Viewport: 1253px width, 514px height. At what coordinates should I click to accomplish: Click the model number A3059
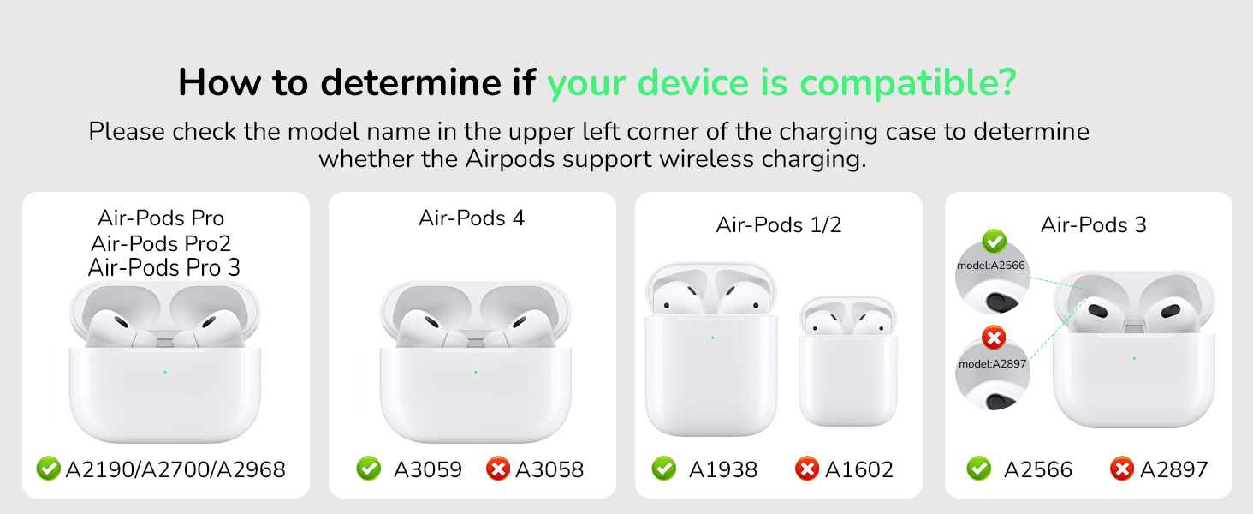click(x=427, y=469)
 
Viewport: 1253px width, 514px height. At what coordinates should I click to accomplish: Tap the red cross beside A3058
click(x=497, y=469)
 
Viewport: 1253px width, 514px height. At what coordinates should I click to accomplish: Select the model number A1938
click(x=722, y=469)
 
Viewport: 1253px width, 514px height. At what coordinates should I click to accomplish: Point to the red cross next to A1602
click(x=806, y=469)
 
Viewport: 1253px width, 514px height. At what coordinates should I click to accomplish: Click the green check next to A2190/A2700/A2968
click(x=48, y=469)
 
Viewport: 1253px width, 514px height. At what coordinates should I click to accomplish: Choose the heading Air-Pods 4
click(x=472, y=218)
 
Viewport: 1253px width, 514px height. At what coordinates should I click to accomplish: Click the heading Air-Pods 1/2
click(x=779, y=224)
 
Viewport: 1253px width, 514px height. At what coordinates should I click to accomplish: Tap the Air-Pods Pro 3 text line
click(x=164, y=267)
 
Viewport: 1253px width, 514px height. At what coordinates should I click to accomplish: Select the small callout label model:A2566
click(x=991, y=265)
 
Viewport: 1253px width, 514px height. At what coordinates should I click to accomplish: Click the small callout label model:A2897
click(x=993, y=363)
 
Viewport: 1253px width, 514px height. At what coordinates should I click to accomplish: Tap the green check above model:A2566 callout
click(x=994, y=241)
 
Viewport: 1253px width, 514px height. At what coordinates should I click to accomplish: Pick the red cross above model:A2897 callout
click(x=994, y=338)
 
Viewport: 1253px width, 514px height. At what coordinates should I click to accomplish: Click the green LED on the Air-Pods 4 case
click(x=475, y=372)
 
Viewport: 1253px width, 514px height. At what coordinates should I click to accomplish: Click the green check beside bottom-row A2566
click(x=978, y=469)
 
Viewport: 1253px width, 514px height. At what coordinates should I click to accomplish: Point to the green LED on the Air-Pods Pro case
click(x=164, y=372)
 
